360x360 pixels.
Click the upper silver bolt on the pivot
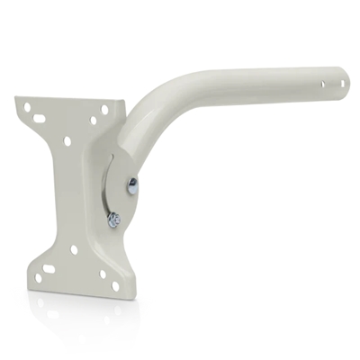coord(133,186)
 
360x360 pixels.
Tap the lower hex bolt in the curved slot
coord(114,218)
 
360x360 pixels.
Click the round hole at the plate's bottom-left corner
coord(38,277)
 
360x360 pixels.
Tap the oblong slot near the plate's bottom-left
coord(49,267)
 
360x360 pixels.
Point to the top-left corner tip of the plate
coord(18,99)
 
